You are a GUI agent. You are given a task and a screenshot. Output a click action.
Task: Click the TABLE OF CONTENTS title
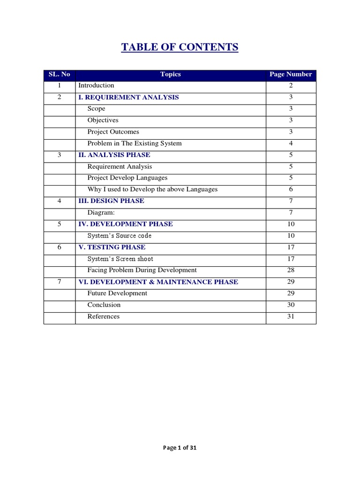click(x=180, y=47)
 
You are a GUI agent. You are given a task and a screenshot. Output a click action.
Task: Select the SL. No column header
click(x=60, y=74)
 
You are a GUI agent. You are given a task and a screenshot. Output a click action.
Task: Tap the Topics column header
click(x=170, y=74)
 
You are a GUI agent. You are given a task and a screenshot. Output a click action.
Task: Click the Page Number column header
click(x=291, y=74)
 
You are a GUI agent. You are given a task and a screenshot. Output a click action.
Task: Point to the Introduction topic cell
click(x=96, y=85)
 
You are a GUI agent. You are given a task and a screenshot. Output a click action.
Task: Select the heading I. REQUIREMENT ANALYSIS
click(x=128, y=97)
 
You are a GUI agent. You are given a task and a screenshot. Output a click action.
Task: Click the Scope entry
click(x=97, y=109)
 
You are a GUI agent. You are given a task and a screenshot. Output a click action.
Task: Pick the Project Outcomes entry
click(x=113, y=132)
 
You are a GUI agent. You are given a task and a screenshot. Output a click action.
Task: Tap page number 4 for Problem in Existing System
click(x=291, y=143)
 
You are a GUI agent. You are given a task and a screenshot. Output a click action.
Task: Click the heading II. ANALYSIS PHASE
click(x=114, y=155)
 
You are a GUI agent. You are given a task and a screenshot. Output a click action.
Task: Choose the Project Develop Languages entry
click(x=127, y=178)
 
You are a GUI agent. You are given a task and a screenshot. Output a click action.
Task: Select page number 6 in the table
click(x=291, y=189)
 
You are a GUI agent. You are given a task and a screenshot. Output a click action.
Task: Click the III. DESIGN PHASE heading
click(x=111, y=201)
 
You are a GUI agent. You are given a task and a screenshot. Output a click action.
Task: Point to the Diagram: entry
click(x=101, y=212)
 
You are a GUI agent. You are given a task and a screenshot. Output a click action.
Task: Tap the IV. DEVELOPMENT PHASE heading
click(x=126, y=224)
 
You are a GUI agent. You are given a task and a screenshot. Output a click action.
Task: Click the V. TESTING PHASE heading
click(x=112, y=247)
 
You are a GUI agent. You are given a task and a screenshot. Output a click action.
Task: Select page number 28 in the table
click(x=291, y=270)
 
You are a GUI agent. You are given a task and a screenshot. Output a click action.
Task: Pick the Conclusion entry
click(x=104, y=305)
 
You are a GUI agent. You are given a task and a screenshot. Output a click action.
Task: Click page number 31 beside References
click(x=291, y=316)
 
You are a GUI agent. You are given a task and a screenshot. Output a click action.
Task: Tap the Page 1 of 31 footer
click(x=180, y=448)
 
